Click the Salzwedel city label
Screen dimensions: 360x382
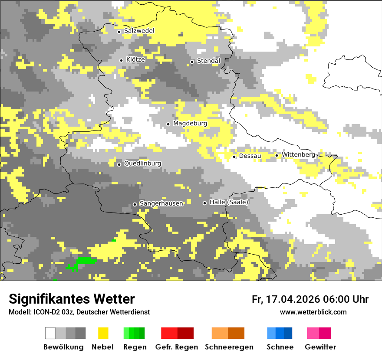(139, 31)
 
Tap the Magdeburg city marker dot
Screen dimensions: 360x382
(168, 124)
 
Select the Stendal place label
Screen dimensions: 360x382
(209, 61)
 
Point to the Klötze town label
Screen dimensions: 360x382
(135, 59)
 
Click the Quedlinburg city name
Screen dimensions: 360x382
(142, 164)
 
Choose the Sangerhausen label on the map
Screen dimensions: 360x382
(161, 203)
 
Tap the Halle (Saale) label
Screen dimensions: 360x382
(229, 202)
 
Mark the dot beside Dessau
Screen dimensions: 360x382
(234, 157)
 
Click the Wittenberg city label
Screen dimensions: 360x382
(298, 155)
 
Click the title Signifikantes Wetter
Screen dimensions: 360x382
(72, 299)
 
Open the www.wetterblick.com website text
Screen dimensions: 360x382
(313, 312)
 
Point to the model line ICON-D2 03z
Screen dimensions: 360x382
(79, 312)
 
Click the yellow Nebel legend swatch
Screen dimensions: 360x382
(103, 333)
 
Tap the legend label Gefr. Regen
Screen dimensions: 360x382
(177, 347)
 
